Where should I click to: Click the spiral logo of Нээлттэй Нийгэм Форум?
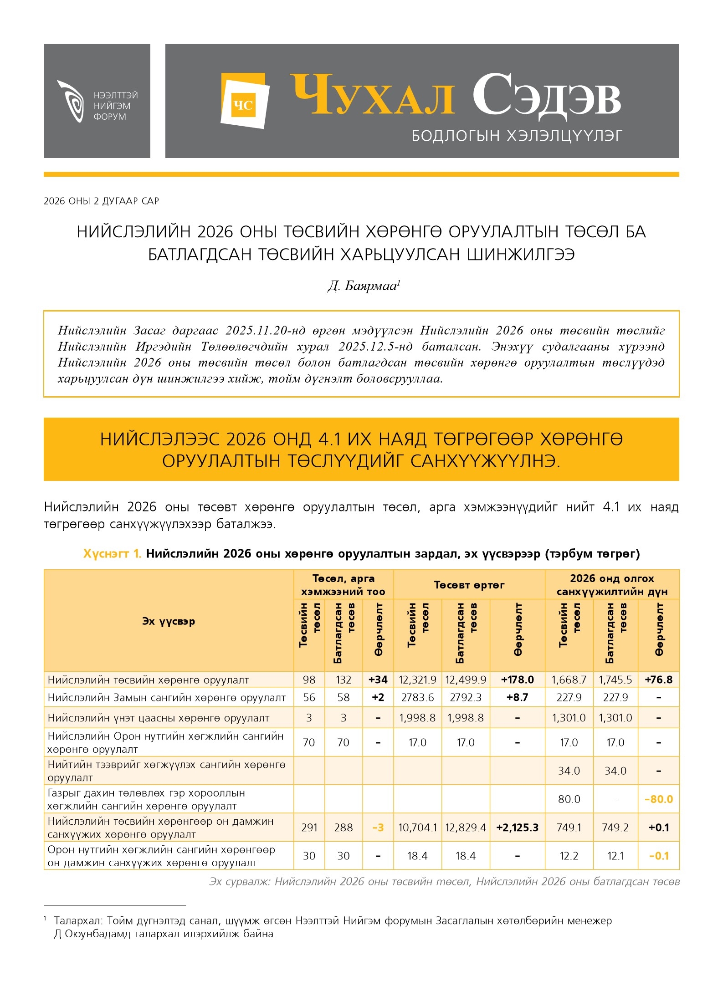(x=71, y=101)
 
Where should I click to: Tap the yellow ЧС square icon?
(x=243, y=105)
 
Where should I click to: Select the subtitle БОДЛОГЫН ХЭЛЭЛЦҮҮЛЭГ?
(x=516, y=136)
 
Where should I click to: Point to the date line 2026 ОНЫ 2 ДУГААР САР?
(x=101, y=201)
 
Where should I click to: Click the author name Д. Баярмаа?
(x=363, y=286)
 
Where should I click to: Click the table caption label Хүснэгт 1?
(x=112, y=554)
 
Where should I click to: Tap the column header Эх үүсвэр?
(x=168, y=621)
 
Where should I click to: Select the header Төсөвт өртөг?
(x=469, y=585)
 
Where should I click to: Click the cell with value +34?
(x=378, y=680)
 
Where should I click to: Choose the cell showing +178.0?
(x=517, y=680)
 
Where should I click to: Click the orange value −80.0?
(x=658, y=799)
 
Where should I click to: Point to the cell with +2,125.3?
(x=517, y=828)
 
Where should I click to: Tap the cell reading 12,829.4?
(x=465, y=828)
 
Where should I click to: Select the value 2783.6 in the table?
(x=417, y=698)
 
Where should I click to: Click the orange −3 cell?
(x=378, y=828)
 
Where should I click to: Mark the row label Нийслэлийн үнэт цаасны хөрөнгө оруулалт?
(x=158, y=718)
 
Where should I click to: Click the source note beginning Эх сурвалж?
(x=444, y=882)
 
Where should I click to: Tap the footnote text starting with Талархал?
(x=333, y=921)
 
